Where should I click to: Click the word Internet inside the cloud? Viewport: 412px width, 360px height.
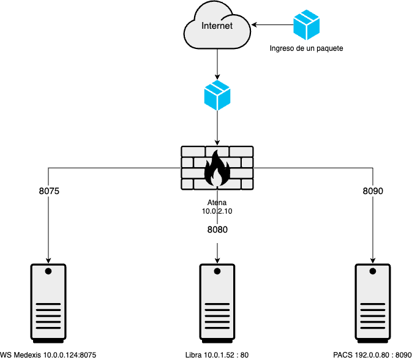coord(217,26)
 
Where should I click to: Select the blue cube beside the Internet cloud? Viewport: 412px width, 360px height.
coord(306,26)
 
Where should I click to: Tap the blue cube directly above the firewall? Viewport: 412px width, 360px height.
coord(217,96)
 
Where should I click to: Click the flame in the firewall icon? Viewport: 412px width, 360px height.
coord(217,170)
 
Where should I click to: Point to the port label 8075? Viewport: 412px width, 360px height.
coord(49,191)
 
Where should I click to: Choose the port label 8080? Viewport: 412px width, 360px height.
coord(217,230)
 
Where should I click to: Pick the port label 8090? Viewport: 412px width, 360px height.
coord(373,191)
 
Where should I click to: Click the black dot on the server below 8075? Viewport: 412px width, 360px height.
coord(48,271)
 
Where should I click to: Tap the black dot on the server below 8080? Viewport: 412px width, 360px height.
coord(217,271)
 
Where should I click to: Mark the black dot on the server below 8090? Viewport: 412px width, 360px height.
coord(373,271)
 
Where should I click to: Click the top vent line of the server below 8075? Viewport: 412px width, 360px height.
coord(48,304)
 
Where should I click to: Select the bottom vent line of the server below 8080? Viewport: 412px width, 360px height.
coord(217,328)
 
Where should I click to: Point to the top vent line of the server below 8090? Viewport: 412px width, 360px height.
coord(373,304)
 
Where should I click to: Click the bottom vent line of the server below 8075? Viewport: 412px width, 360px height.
coord(48,328)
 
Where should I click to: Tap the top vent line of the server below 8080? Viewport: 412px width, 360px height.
coord(217,304)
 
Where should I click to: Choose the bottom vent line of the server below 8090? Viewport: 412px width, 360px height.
coord(373,328)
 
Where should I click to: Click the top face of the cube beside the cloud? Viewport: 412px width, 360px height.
coord(306,15)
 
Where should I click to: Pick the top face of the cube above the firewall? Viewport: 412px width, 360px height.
coord(217,86)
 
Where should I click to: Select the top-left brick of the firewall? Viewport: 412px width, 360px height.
coord(192,151)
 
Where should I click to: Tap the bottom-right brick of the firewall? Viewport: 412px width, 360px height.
coord(246,184)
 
